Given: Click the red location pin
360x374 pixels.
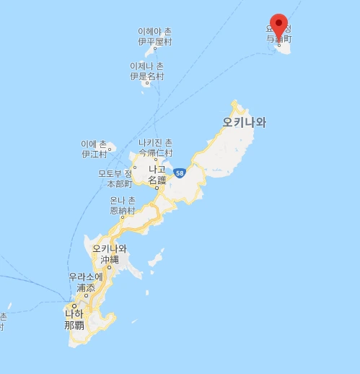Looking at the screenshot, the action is click(278, 24).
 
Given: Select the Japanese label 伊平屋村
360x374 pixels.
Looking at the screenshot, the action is click(155, 42).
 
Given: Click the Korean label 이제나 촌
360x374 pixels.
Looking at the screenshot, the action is click(146, 66).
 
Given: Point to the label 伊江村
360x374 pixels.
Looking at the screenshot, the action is click(94, 154).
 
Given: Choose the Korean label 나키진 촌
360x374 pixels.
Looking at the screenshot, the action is click(156, 143).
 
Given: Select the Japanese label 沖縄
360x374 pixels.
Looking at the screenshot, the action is click(110, 258).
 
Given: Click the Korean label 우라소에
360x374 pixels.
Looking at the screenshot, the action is click(87, 277).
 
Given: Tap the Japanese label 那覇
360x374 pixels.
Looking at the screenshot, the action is click(74, 325).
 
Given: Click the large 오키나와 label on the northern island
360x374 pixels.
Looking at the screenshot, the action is click(245, 122).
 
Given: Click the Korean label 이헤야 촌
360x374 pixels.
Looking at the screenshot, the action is click(154, 32).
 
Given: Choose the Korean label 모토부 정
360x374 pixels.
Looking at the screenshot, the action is click(115, 174).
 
